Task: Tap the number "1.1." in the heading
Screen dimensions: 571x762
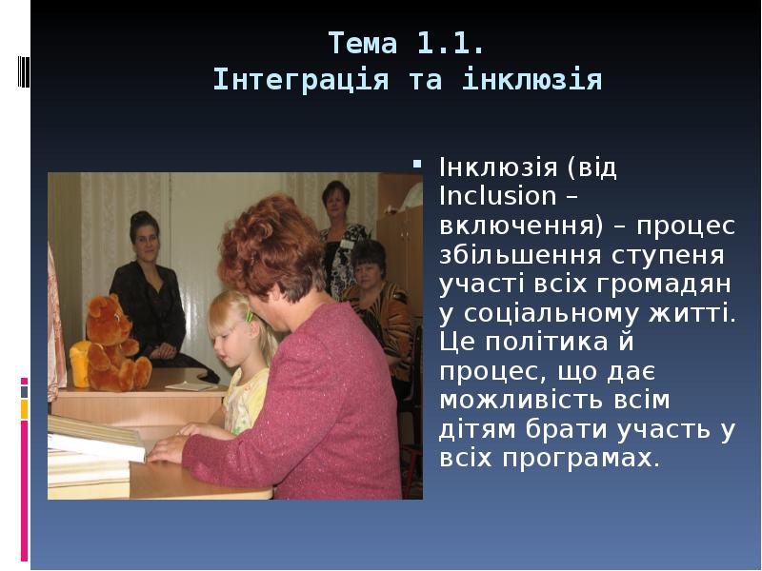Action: pyautogui.click(x=451, y=43)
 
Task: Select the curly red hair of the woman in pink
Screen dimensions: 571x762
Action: pyautogui.click(x=272, y=243)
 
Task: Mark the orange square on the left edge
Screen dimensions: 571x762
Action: pyautogui.click(x=25, y=409)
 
